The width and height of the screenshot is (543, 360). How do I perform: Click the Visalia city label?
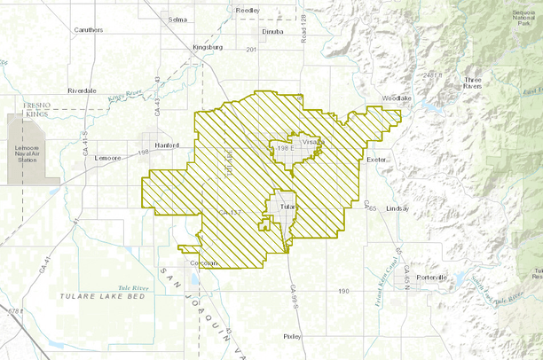pyautogui.click(x=312, y=142)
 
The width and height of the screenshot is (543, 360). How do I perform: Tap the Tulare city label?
pyautogui.click(x=286, y=207)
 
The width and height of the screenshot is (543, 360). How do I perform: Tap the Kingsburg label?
pyautogui.click(x=208, y=47)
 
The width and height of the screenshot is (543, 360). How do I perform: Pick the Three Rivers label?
pyautogui.click(x=479, y=84)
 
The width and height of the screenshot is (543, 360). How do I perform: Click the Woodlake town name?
pyautogui.click(x=397, y=97)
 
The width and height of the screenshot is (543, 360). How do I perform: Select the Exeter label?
pyautogui.click(x=378, y=159)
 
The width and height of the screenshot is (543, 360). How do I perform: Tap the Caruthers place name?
pyautogui.click(x=86, y=30)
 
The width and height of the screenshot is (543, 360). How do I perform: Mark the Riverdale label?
pyautogui.click(x=88, y=91)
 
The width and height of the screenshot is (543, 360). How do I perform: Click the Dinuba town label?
pyautogui.click(x=271, y=31)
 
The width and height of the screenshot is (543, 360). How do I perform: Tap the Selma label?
pyautogui.click(x=177, y=19)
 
